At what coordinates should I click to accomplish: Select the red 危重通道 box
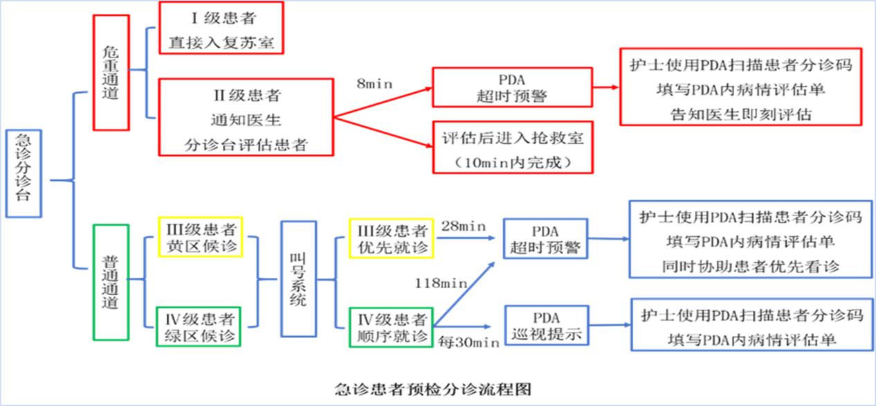[x=111, y=72]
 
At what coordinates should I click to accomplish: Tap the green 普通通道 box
[x=111, y=282]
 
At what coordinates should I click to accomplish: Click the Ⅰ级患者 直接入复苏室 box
[x=221, y=28]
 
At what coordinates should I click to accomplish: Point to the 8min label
[x=375, y=83]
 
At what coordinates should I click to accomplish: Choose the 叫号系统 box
[x=298, y=279]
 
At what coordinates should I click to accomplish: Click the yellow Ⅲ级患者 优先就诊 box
[x=392, y=238]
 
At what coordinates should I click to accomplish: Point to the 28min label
[x=462, y=225]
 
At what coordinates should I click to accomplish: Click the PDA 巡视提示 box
[x=546, y=326]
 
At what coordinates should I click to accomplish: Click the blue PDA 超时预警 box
[x=546, y=239]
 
